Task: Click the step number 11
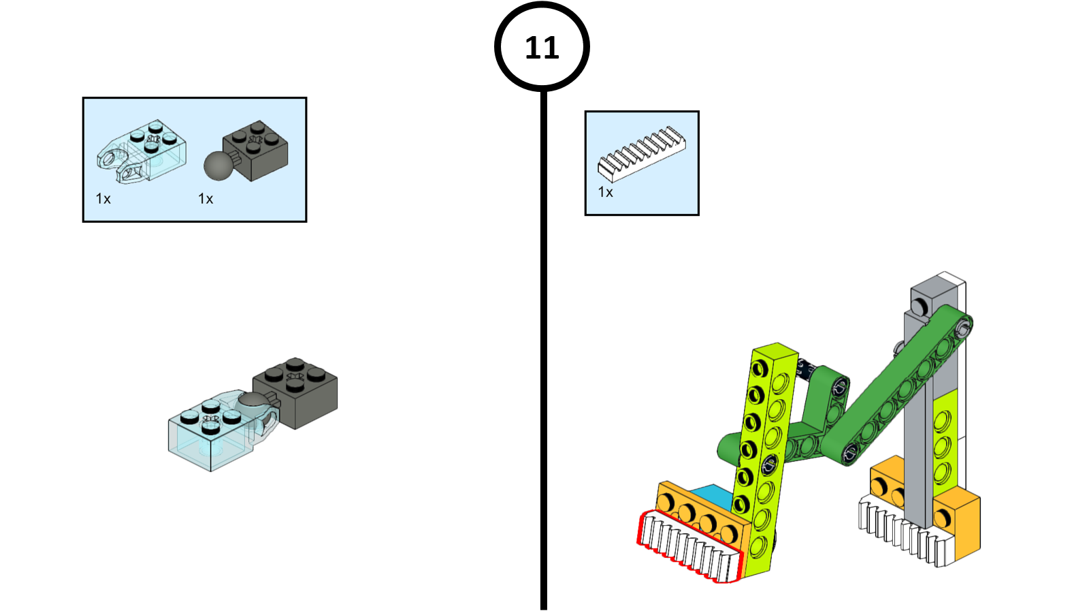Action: click(x=542, y=48)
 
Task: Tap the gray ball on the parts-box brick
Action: click(x=218, y=166)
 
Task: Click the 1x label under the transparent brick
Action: click(x=103, y=199)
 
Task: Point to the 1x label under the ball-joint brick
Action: click(x=206, y=199)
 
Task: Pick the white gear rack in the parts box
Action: click(x=641, y=154)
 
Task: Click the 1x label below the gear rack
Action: click(x=605, y=193)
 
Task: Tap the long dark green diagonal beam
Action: click(x=898, y=388)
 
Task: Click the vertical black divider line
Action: click(x=543, y=341)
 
